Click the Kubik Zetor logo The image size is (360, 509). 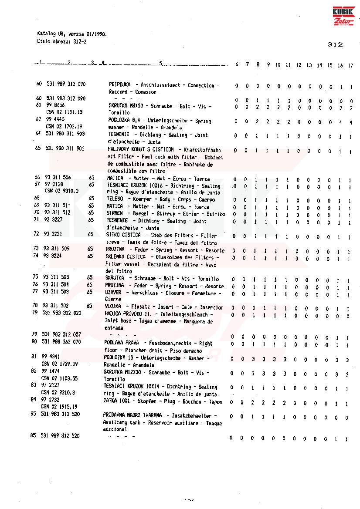(x=343, y=17)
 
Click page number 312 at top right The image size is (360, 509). (x=334, y=44)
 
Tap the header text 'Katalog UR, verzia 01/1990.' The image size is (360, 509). (x=71, y=34)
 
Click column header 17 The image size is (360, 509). (x=350, y=65)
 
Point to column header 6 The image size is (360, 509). (x=237, y=65)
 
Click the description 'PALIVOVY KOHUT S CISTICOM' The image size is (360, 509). (x=140, y=149)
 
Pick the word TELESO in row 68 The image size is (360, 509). (x=115, y=199)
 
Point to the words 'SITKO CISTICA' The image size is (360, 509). (x=123, y=235)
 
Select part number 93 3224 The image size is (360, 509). (x=52, y=256)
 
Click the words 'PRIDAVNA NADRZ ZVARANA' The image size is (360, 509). (x=132, y=415)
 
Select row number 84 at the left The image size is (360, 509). (x=33, y=399)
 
